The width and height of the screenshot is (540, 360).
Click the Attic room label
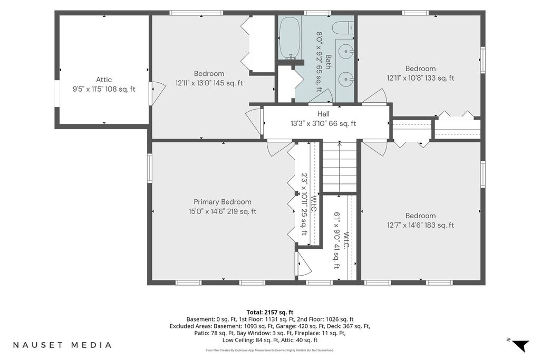click(x=104, y=80)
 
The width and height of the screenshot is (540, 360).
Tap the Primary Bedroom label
click(x=222, y=202)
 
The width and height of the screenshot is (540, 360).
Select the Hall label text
click(x=323, y=114)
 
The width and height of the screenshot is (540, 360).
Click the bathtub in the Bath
click(x=290, y=38)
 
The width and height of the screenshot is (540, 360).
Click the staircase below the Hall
click(x=339, y=167)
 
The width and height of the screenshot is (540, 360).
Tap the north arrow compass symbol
click(x=519, y=345)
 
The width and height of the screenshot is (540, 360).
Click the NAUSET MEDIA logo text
click(x=62, y=345)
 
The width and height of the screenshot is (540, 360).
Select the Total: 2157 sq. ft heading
click(x=269, y=313)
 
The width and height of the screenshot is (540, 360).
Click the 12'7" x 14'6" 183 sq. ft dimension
click(x=420, y=225)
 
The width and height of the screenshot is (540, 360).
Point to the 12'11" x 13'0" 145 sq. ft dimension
click(x=209, y=83)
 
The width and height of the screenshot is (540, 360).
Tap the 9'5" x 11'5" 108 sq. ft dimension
click(x=104, y=89)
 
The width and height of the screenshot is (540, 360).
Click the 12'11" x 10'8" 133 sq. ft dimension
click(x=420, y=78)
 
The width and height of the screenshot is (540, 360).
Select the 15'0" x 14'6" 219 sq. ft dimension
click(x=222, y=211)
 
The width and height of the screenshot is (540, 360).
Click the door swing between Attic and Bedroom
click(x=157, y=92)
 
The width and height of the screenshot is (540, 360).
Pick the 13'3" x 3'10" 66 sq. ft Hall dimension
click(x=323, y=123)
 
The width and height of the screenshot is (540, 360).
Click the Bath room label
click(x=328, y=62)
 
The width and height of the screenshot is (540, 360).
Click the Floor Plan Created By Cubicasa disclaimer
click(x=269, y=351)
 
